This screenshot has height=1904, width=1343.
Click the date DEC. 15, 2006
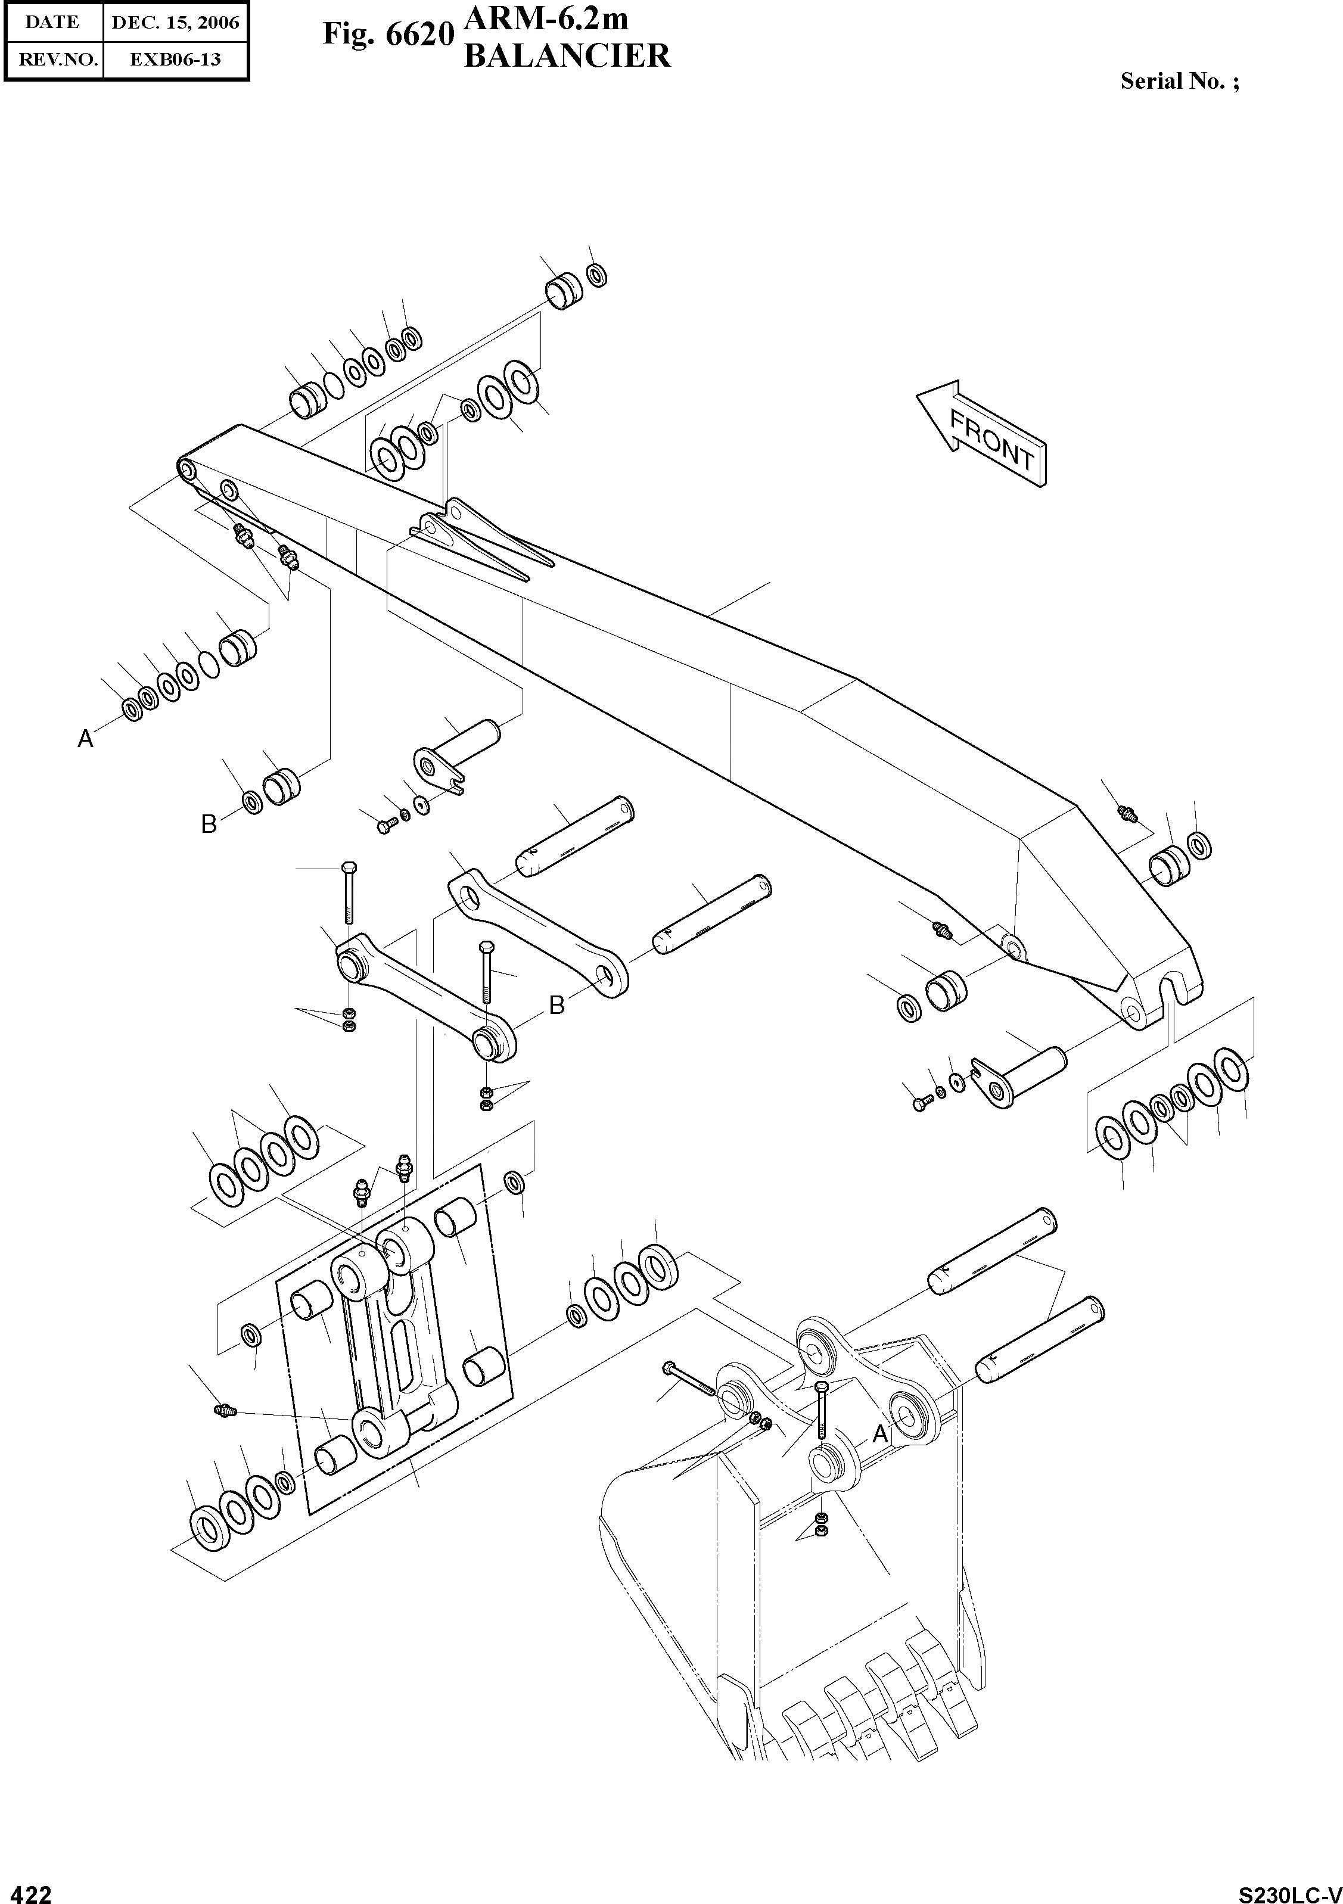(175, 23)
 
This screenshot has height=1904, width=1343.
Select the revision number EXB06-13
(175, 60)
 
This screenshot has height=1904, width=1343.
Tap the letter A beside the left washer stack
(85, 738)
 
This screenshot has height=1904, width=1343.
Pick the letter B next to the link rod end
(557, 1005)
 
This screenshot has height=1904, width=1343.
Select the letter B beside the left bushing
(209, 823)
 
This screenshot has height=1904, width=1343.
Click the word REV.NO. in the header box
(53, 60)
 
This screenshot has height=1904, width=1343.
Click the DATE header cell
(52, 23)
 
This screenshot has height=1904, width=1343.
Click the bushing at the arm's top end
(564, 292)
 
